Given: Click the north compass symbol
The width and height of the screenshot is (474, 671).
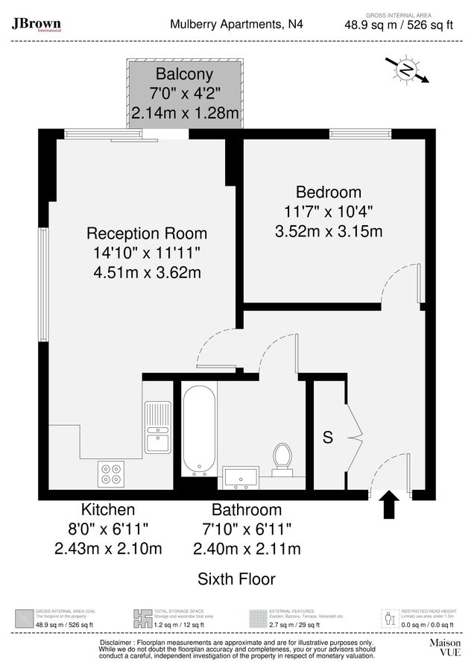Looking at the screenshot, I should click(x=407, y=70).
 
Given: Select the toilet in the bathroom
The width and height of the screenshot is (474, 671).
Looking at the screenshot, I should click(x=282, y=459).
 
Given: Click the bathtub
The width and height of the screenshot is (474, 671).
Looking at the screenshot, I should click(x=199, y=430).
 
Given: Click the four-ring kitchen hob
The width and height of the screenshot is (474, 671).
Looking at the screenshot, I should click(x=111, y=474).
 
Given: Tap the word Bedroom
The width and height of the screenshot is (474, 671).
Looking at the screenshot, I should click(x=328, y=192).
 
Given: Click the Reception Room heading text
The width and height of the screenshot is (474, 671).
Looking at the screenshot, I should click(x=147, y=233).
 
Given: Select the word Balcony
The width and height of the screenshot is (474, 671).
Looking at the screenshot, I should click(x=184, y=75).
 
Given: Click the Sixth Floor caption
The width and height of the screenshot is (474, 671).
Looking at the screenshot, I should click(x=236, y=579).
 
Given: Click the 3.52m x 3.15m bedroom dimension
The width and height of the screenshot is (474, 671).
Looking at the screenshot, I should click(x=328, y=231).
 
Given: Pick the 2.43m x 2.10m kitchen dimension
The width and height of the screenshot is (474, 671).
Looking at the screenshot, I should click(x=108, y=549).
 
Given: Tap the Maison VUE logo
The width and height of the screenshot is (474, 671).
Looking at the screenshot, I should click(x=444, y=646).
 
